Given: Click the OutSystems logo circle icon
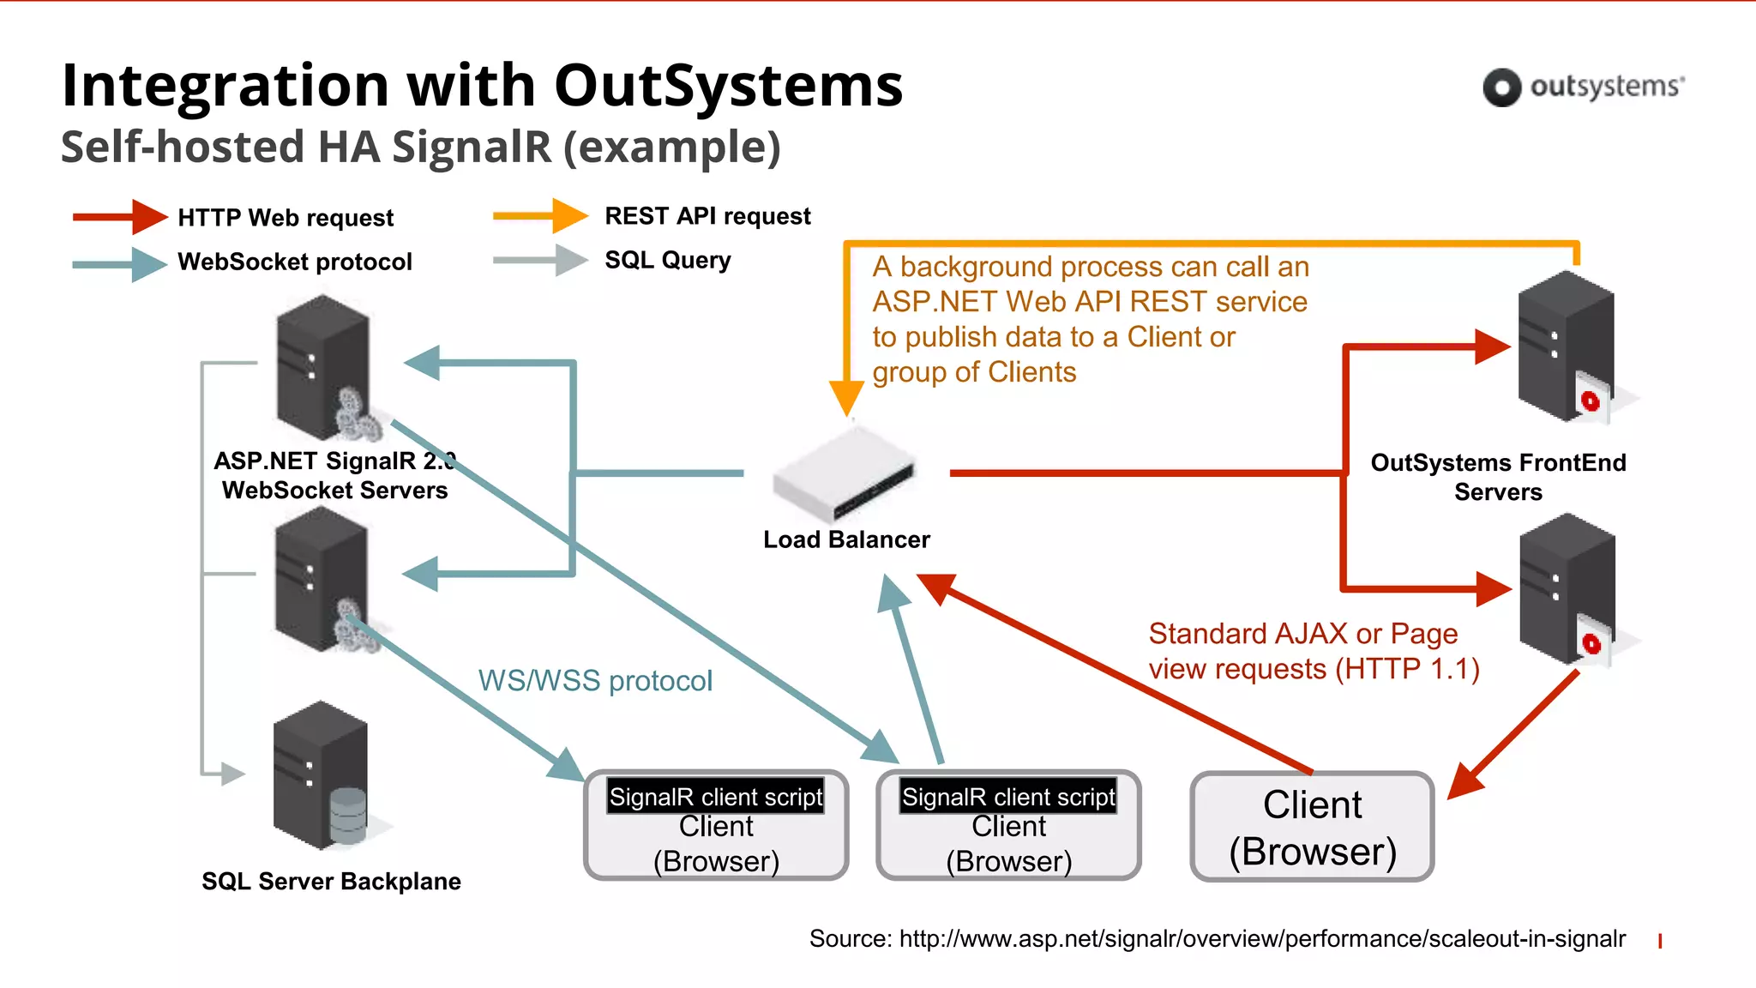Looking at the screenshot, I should tap(1501, 87).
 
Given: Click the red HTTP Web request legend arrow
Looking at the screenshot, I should tap(120, 217).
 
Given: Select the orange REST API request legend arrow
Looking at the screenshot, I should tap(541, 215).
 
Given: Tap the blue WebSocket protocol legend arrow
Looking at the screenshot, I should tap(120, 263).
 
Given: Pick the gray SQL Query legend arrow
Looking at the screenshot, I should tap(541, 260).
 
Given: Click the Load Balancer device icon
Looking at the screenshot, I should tap(844, 473).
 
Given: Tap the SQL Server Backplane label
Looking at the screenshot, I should tap(331, 882).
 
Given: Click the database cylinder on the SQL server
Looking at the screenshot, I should tap(348, 815).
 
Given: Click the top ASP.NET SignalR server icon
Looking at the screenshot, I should tap(323, 367).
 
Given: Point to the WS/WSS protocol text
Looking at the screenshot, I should tap(595, 681).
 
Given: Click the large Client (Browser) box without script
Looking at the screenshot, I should tap(1312, 827).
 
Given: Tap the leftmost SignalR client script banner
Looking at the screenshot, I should tap(715, 797).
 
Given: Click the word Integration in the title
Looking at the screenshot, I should tap(226, 87).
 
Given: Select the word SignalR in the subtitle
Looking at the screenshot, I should tap(472, 147).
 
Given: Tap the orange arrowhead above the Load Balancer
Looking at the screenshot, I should tap(846, 398).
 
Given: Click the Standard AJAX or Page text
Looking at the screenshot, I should tap(1302, 634).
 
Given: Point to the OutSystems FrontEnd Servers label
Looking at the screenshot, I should tap(1498, 477).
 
